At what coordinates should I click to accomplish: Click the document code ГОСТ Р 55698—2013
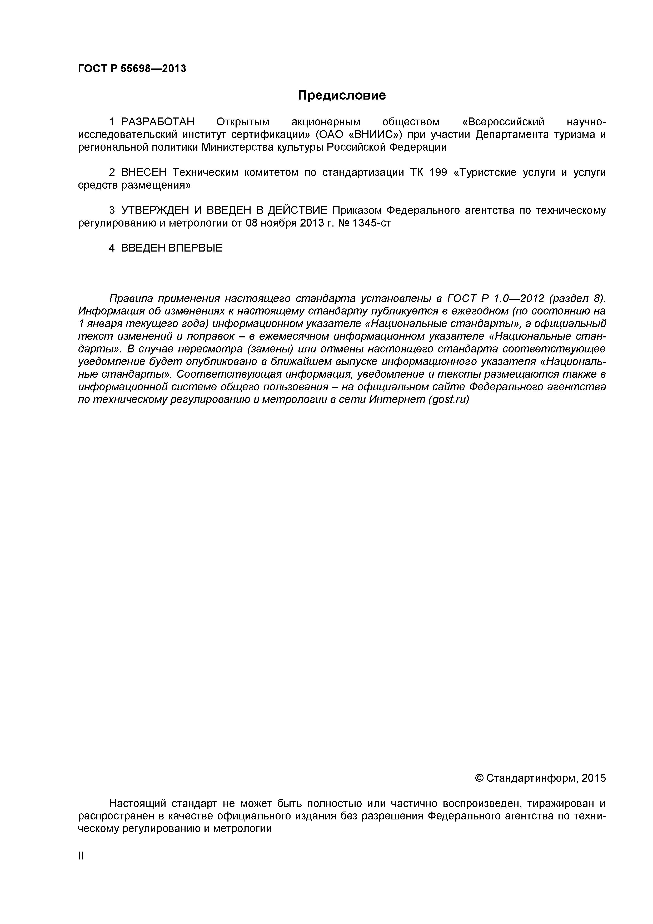[132, 69]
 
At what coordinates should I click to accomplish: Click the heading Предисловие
[341, 95]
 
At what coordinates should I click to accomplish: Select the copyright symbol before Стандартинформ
[479, 778]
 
